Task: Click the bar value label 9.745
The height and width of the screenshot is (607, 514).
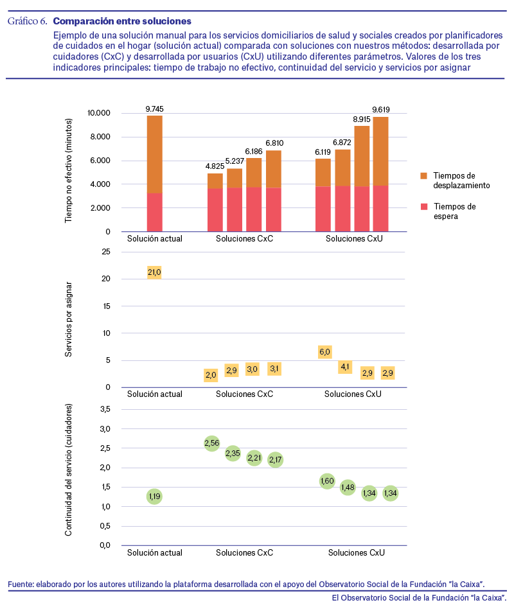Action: [155, 109]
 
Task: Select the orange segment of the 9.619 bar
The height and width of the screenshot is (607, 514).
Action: [381, 152]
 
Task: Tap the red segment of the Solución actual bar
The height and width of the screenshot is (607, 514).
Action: [155, 212]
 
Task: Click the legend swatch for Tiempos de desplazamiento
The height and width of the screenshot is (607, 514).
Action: [424, 176]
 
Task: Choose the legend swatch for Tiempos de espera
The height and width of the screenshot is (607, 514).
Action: [424, 207]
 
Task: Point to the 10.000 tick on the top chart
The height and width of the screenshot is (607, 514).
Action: [99, 113]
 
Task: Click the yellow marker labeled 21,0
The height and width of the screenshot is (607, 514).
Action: [154, 272]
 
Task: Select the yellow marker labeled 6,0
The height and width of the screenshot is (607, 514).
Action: [325, 352]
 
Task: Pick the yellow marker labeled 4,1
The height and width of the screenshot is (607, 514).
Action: [345, 367]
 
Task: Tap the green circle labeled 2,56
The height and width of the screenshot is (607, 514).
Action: [212, 443]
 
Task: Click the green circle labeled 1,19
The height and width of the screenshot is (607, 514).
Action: [154, 497]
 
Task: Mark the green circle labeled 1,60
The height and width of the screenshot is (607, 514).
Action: [327, 481]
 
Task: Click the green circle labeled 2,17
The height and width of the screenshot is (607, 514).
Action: [276, 460]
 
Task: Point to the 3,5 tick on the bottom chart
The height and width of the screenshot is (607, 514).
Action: [105, 409]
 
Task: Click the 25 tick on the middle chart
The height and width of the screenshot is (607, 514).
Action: [106, 252]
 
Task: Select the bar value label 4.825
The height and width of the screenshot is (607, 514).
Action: [215, 166]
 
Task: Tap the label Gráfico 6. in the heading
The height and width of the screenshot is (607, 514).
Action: [27, 21]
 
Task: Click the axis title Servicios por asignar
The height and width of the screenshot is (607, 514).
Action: [69, 319]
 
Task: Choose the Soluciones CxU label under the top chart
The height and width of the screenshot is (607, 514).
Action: [354, 239]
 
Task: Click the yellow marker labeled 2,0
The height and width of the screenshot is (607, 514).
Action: [211, 374]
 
